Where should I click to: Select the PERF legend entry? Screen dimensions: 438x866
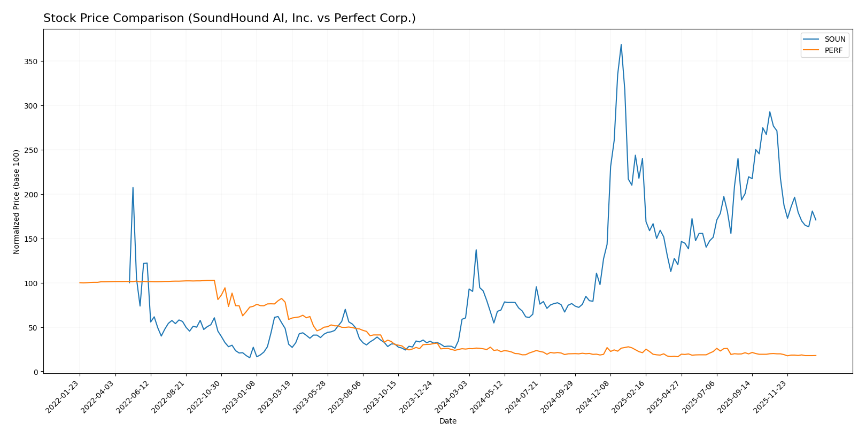[x=833, y=51]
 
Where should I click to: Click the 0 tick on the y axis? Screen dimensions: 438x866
[x=35, y=372]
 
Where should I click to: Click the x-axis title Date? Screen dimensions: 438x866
[x=448, y=421]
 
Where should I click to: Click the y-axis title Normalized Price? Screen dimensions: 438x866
[x=17, y=202]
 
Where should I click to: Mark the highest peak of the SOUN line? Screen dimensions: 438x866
[x=621, y=44]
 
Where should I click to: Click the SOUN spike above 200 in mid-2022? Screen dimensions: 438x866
[x=133, y=187]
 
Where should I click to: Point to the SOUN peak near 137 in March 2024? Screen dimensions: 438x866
[x=476, y=250]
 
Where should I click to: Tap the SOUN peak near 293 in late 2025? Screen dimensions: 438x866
[x=770, y=112]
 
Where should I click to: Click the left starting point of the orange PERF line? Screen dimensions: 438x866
[x=80, y=283]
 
